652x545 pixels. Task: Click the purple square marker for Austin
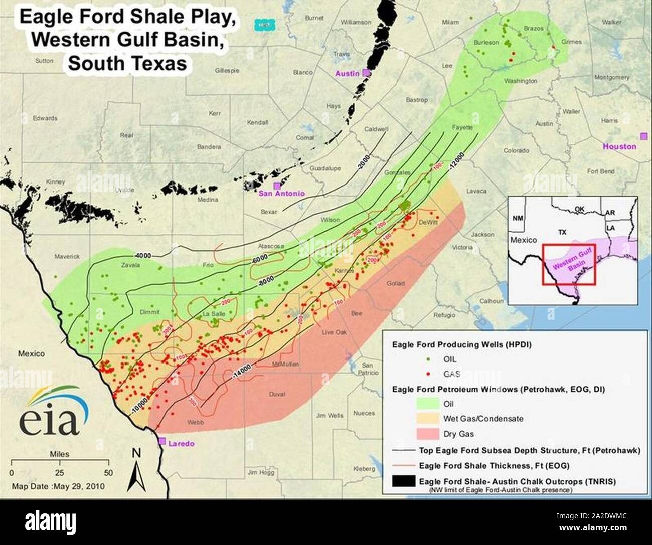tap(367, 73)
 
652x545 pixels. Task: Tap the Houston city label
tap(619, 146)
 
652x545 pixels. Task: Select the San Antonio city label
tap(282, 193)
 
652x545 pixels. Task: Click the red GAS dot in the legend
tap(427, 374)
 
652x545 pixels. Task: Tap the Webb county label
tap(195, 422)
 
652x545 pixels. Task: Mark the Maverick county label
tap(67, 257)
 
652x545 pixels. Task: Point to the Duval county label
tap(277, 394)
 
